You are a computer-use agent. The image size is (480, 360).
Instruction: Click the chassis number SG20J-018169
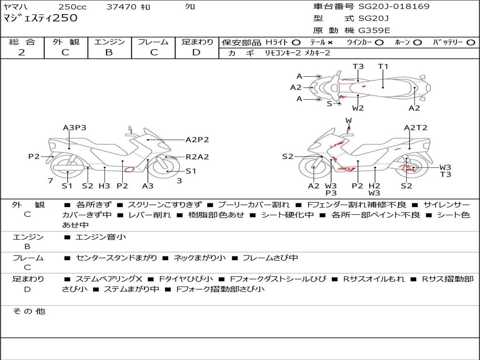coord(394,7)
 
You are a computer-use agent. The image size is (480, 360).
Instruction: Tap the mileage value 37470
coord(121,7)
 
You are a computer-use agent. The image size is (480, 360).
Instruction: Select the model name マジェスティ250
coord(40,18)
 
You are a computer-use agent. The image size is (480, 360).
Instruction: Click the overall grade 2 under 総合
coord(22,52)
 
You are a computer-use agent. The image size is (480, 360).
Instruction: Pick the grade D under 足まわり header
coord(196,52)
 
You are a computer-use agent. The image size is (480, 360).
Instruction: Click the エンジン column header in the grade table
coord(109,42)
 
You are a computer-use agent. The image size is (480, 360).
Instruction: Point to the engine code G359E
coord(374,30)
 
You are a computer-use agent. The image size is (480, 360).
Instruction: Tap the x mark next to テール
coord(330,42)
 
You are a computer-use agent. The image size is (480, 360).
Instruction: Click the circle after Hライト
coord(296,42)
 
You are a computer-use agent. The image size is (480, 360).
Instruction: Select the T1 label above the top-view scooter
coord(383,66)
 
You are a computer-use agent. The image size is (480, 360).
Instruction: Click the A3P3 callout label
coord(75,127)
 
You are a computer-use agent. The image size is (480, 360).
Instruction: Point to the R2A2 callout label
coord(197,157)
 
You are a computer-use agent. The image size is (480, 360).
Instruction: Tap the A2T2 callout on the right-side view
coord(415,127)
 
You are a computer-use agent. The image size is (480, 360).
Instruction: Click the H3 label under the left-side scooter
coord(104,186)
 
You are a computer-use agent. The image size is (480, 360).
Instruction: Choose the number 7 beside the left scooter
coord(50,180)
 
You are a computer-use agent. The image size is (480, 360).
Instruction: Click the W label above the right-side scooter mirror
coord(348,120)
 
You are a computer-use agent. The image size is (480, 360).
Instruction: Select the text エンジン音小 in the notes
coord(101,237)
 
